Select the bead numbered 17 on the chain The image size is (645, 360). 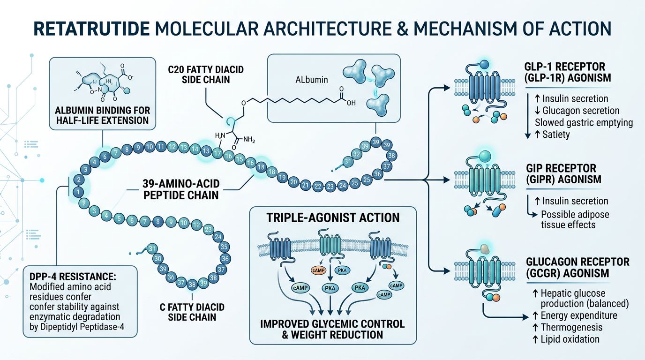(217, 153)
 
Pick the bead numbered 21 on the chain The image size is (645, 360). (306, 185)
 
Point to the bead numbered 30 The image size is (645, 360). (158, 258)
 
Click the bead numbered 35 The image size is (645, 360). (224, 247)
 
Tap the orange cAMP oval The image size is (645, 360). (318, 270)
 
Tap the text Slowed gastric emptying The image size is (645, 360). (584, 123)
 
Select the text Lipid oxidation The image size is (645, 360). (570, 339)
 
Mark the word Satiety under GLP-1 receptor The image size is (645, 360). (556, 135)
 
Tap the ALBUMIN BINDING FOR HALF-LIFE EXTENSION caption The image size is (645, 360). (102, 115)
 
